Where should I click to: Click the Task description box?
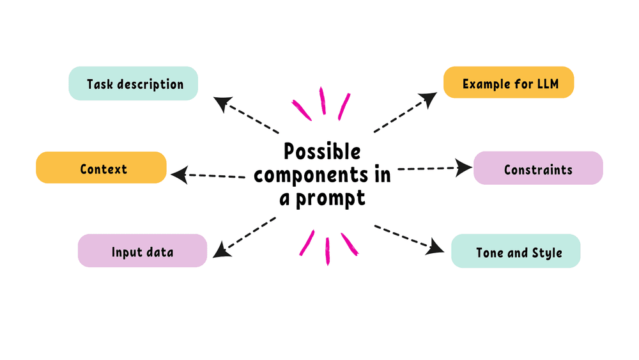(x=134, y=84)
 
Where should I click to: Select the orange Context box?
(x=101, y=169)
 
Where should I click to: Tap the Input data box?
(x=142, y=251)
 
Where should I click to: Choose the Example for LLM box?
(x=508, y=84)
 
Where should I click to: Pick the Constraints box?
(x=538, y=169)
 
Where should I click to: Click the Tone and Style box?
(x=516, y=251)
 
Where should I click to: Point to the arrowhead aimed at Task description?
(x=222, y=103)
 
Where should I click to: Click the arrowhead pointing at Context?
(x=180, y=173)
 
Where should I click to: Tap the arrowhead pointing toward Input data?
(x=221, y=250)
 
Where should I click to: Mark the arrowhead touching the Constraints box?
(x=465, y=168)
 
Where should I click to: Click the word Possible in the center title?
(x=322, y=152)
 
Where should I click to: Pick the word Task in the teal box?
(x=100, y=84)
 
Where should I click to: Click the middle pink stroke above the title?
(x=323, y=101)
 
